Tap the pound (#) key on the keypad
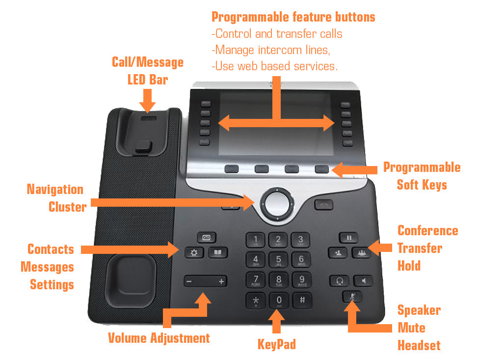[302, 300]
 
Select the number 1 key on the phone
[255, 240]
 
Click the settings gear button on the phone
[194, 253]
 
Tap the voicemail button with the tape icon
[207, 238]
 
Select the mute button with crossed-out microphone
[352, 297]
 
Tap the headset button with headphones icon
[339, 281]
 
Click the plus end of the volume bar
[221, 281]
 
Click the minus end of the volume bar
[189, 281]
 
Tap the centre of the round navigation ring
[276, 202]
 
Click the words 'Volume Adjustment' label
[159, 338]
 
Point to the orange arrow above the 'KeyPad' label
[277, 322]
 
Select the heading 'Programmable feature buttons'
[293, 17]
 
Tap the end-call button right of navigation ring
[324, 204]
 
